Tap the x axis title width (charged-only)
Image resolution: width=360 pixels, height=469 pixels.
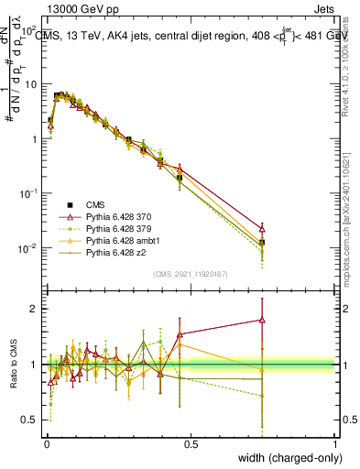pos(287,458)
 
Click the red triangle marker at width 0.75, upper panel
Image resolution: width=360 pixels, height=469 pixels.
pos(263,229)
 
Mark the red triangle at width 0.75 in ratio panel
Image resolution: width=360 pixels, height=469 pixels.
pos(263,321)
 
